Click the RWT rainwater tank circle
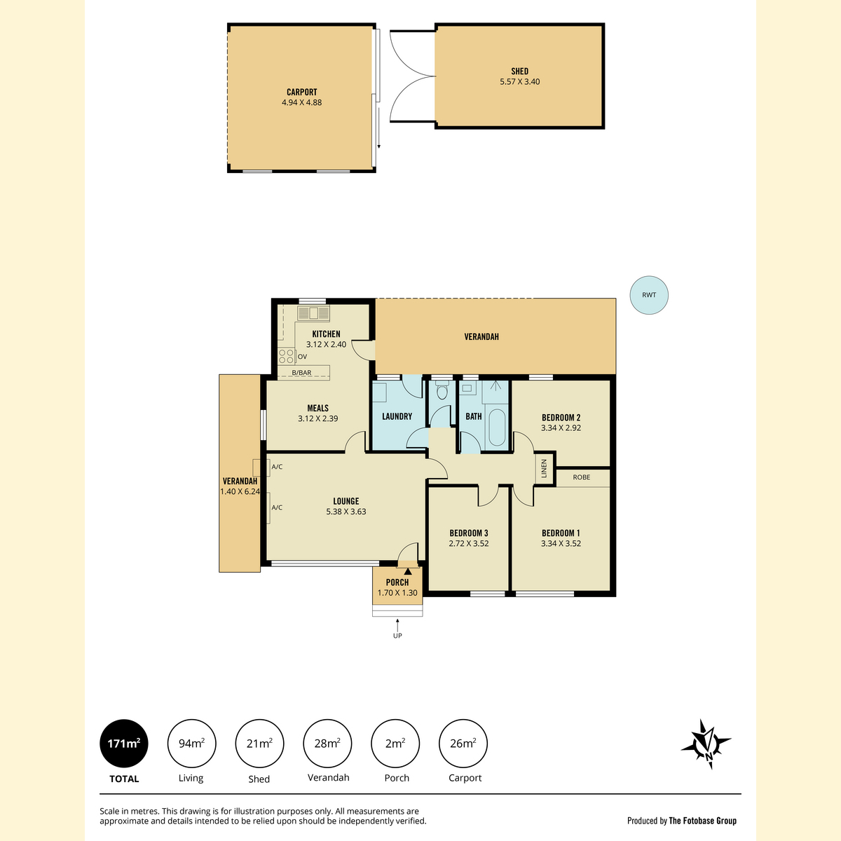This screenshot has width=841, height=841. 648,295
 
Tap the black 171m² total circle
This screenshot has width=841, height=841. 124,744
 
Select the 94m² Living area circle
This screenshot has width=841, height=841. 191,744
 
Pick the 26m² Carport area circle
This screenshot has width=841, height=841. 463,744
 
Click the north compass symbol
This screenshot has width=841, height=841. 706,744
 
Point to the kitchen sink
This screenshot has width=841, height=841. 313,313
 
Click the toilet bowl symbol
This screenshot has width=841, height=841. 442,390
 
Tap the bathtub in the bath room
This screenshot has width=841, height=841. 496,428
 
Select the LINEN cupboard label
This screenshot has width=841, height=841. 544,468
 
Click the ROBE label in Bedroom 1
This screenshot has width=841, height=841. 581,477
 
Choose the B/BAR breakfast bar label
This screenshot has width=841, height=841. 301,373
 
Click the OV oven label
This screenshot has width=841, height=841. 302,357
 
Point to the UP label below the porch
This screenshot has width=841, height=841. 397,636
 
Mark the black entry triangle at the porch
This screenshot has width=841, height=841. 408,571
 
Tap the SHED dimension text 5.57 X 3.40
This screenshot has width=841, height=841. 520,81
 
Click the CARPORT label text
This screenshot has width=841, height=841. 301,92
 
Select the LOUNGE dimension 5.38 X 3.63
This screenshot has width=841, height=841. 346,512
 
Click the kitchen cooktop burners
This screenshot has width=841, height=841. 287,356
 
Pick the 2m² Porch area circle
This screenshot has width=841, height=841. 395,744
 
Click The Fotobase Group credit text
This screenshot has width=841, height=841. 703,821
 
